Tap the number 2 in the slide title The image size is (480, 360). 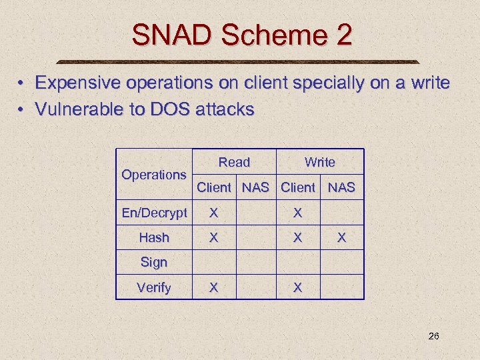pos(343,35)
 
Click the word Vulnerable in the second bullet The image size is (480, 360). pos(71,109)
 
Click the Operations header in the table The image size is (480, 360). pos(154,175)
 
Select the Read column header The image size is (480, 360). pos(234,162)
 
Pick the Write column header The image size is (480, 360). pos(320,162)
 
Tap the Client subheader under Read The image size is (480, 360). pos(214,187)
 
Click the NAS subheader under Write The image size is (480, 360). pos(342,187)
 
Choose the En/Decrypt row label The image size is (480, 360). pos(154,213)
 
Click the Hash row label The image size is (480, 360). pos(154,237)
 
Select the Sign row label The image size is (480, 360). pos(154,262)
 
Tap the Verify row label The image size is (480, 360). pos(154,287)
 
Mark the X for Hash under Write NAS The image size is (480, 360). pos(341,237)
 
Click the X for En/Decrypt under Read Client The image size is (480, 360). pos(213,213)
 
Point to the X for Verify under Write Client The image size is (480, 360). pos(297,287)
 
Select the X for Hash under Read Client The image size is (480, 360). pos(213,237)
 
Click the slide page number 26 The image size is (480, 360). pos(433,336)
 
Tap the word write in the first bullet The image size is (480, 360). pos(430,83)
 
